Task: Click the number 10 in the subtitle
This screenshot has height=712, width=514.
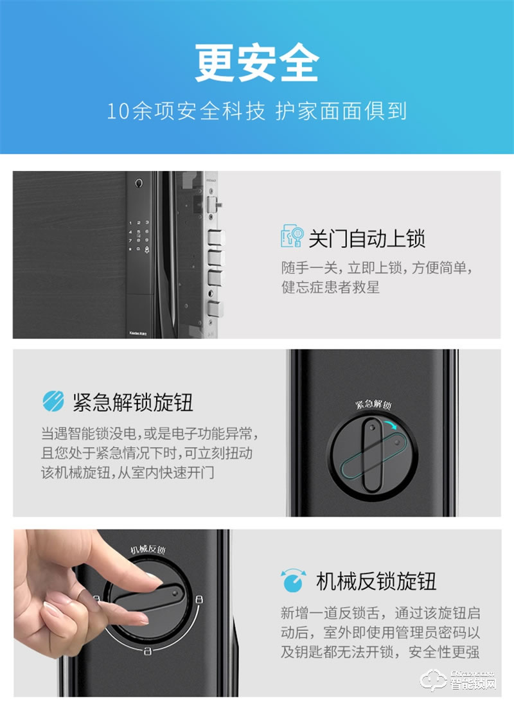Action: (x=118, y=111)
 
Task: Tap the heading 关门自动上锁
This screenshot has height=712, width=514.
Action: (x=367, y=238)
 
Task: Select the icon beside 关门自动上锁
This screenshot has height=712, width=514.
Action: (x=292, y=236)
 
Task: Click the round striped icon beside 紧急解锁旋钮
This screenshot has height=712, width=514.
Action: (x=53, y=402)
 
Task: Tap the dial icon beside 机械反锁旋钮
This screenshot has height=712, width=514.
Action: (x=292, y=580)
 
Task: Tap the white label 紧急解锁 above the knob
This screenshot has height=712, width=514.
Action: (x=374, y=405)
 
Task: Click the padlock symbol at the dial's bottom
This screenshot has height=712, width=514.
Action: (x=147, y=652)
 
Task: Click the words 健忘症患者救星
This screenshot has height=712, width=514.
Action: (x=330, y=287)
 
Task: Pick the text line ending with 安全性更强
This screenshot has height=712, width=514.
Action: (x=380, y=652)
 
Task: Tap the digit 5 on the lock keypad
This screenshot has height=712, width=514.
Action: (x=139, y=232)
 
